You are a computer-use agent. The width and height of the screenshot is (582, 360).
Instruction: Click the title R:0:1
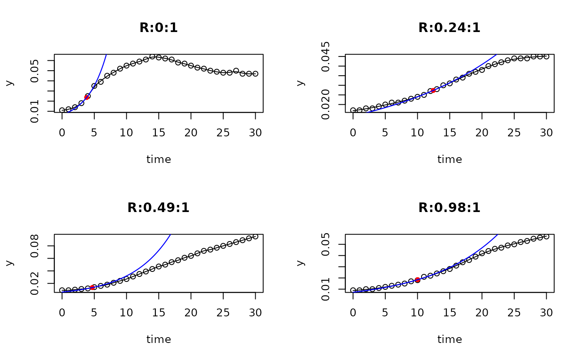point(158,28)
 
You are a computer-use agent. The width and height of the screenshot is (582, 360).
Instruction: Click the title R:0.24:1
point(449,28)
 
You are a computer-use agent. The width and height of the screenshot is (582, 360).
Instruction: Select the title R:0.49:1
point(158,208)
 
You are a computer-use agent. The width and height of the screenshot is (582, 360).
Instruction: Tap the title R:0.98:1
point(449,208)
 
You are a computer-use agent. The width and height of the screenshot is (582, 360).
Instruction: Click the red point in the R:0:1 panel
point(87,97)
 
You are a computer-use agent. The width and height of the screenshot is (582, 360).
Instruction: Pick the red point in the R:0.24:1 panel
point(433,90)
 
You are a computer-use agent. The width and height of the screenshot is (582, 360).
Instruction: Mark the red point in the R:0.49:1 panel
point(92,287)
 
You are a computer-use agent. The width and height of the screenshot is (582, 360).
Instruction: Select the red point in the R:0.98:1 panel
point(417,280)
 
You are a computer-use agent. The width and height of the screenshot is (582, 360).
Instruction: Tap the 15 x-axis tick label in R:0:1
point(158,133)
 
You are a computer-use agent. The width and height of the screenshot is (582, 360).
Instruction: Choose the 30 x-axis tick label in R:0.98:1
point(546,313)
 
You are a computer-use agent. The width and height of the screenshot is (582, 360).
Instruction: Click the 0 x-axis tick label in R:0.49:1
point(62,313)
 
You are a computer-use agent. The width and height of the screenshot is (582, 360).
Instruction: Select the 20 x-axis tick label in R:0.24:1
point(482,133)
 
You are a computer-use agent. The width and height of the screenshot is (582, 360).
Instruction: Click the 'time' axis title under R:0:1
point(158,159)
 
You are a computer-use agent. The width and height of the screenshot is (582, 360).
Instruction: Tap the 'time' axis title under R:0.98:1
point(449,340)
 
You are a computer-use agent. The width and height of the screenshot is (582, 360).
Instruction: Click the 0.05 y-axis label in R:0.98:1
point(326,244)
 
